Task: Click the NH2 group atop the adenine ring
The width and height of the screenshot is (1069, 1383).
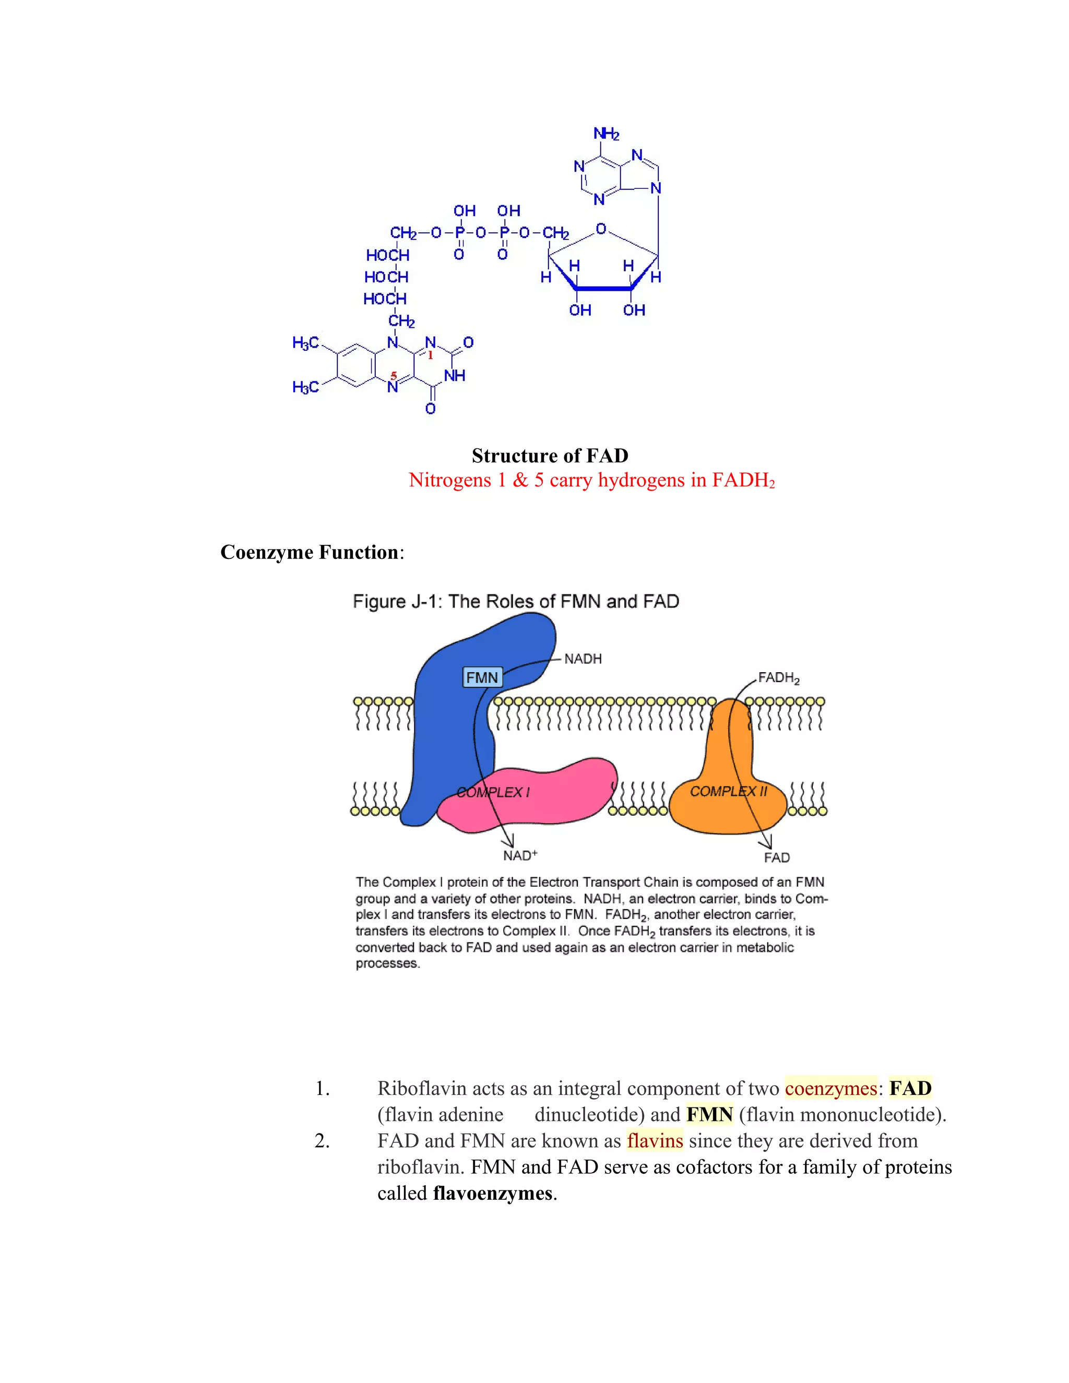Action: [606, 134]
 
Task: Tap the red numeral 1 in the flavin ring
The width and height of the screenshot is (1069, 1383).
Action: [431, 355]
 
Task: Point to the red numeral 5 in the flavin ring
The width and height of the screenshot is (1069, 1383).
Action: [393, 376]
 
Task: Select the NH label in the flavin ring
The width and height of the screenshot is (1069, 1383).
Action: [455, 376]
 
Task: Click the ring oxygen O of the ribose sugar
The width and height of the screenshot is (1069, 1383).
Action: [601, 229]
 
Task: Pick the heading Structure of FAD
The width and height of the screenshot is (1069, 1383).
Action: [550, 456]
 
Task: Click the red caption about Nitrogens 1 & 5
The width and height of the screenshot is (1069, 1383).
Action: [591, 481]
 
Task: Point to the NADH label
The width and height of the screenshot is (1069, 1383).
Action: [583, 659]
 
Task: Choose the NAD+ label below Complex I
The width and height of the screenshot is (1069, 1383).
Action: [520, 856]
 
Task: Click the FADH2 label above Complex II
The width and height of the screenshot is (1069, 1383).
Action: [778, 678]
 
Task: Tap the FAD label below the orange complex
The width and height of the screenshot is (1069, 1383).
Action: [776, 857]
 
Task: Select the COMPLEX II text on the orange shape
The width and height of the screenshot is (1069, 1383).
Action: [728, 792]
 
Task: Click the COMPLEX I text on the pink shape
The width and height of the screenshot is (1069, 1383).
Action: [493, 792]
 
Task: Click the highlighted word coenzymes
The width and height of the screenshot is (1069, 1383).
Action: [831, 1089]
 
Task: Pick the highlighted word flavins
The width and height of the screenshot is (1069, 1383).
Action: [655, 1141]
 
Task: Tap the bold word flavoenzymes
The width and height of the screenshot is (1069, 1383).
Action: [493, 1194]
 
